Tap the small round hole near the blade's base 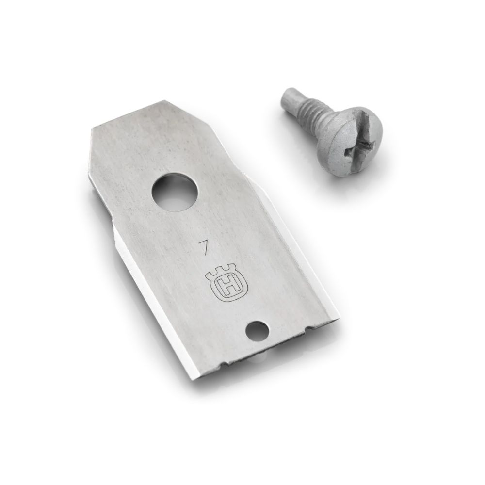click(x=257, y=331)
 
